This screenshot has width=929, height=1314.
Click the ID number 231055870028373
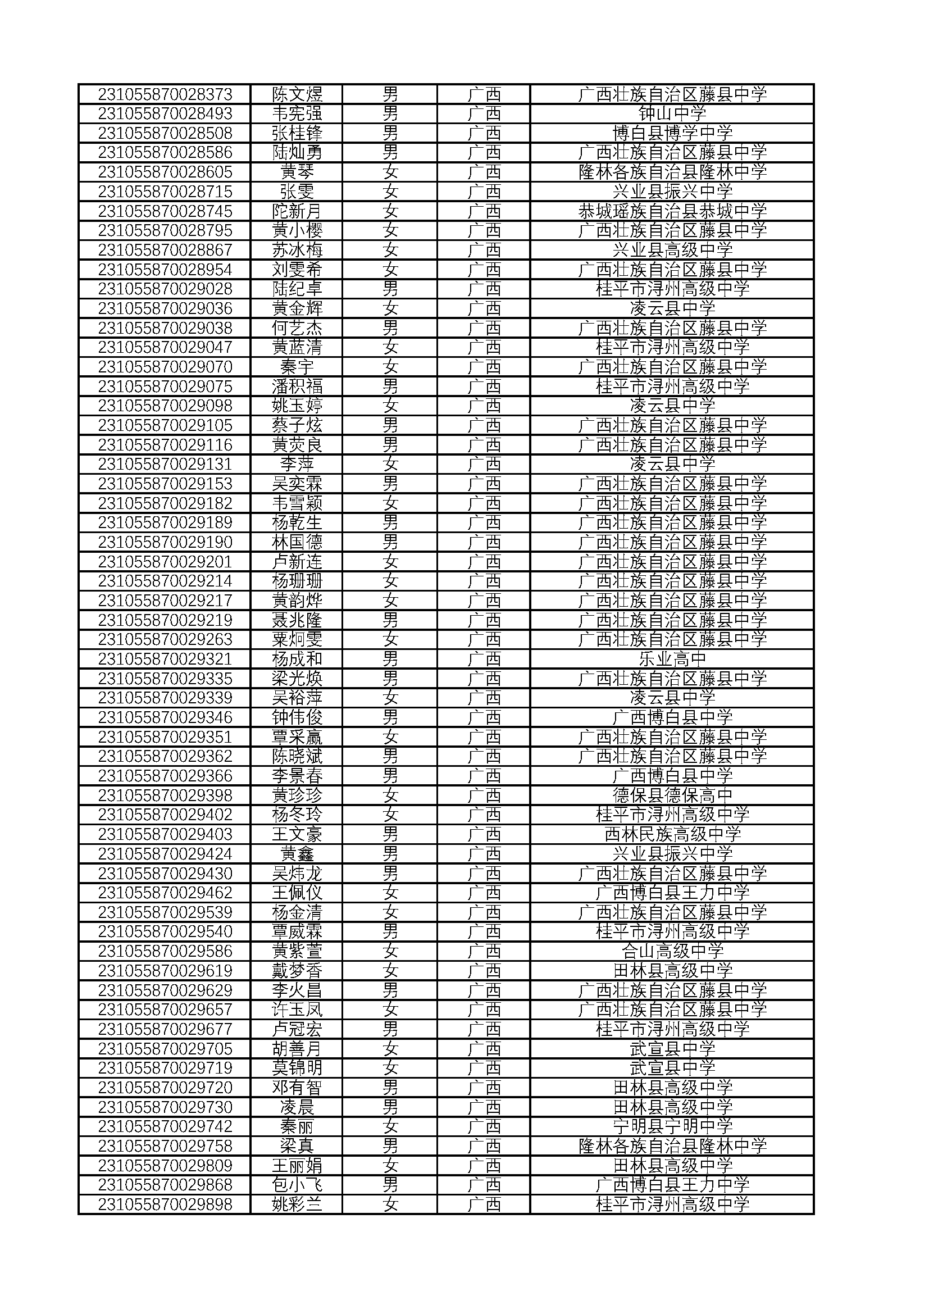(x=165, y=94)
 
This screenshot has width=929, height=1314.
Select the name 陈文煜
(x=297, y=94)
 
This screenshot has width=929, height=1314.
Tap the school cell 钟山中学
(x=672, y=113)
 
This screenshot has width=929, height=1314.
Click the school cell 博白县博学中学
(x=672, y=133)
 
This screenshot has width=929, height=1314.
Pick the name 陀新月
(x=297, y=211)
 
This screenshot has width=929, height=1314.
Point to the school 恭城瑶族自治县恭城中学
(x=672, y=211)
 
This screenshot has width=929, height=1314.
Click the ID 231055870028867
(x=165, y=250)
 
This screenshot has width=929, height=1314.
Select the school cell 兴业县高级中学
(x=672, y=250)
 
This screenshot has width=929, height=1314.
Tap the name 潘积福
(x=297, y=387)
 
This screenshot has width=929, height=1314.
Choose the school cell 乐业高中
(x=672, y=660)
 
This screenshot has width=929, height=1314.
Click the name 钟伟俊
(x=297, y=717)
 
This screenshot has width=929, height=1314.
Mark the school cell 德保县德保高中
(x=672, y=795)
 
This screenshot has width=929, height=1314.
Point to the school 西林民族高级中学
(x=672, y=834)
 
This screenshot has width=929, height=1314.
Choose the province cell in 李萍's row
(x=484, y=464)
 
